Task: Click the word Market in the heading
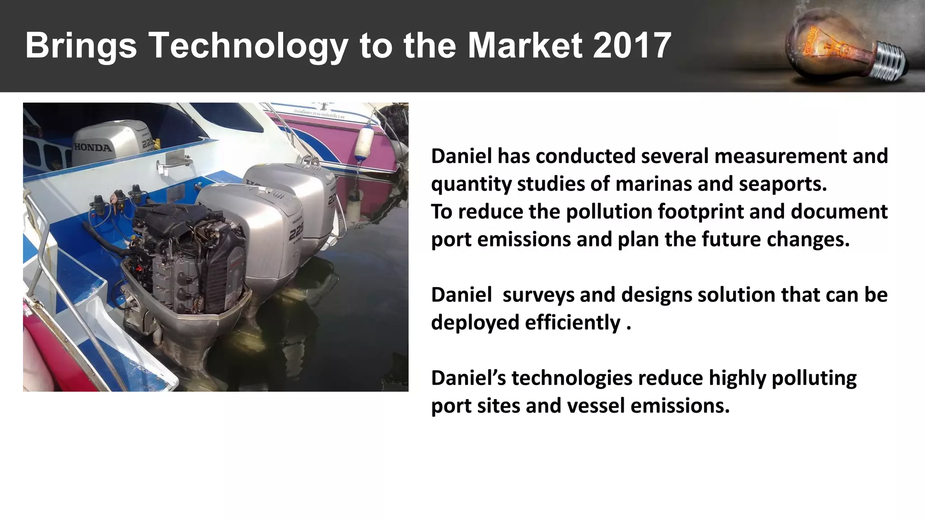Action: click(525, 46)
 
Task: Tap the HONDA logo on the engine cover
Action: click(93, 147)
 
